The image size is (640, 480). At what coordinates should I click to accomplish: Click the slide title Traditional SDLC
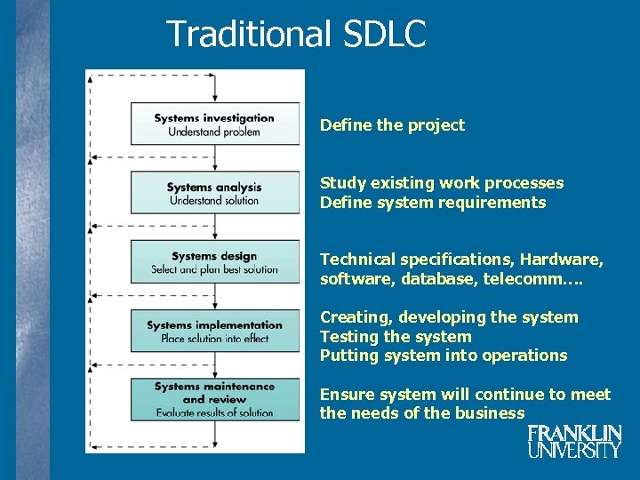pyautogui.click(x=296, y=35)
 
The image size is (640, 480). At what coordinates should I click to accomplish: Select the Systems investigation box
pyautogui.click(x=214, y=124)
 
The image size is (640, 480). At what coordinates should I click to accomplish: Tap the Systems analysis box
pyautogui.click(x=214, y=192)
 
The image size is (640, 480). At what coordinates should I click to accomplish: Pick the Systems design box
pyautogui.click(x=214, y=261)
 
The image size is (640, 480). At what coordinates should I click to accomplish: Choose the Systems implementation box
pyautogui.click(x=214, y=331)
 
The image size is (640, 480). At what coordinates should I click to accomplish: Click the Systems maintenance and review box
pyautogui.click(x=214, y=399)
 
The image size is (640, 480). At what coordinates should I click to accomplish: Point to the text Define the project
pyautogui.click(x=392, y=125)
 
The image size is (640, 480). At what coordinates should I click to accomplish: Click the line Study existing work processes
pyautogui.click(x=442, y=183)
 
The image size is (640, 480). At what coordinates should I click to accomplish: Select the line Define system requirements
pyautogui.click(x=433, y=203)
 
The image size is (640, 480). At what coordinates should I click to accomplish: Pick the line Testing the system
pyautogui.click(x=396, y=337)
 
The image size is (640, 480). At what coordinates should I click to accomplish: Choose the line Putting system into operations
pyautogui.click(x=443, y=356)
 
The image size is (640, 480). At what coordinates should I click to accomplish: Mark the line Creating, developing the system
pyautogui.click(x=449, y=317)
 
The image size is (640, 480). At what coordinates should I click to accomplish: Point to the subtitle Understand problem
pyautogui.click(x=214, y=132)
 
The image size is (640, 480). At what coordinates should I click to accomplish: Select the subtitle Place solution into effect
pyautogui.click(x=214, y=339)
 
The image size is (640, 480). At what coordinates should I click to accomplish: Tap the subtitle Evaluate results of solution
pyautogui.click(x=214, y=412)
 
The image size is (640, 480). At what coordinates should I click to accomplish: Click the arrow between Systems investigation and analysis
pyautogui.click(x=215, y=157)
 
